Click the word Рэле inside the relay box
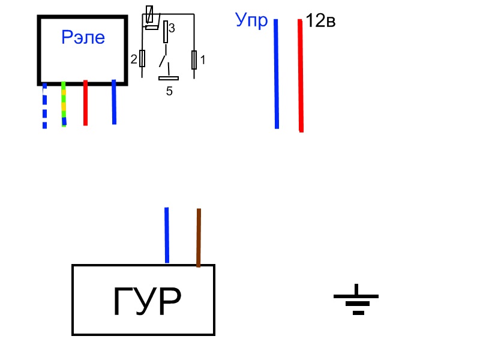(x=83, y=37)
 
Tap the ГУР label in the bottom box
(x=147, y=301)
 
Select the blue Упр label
(x=251, y=20)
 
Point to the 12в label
(x=320, y=20)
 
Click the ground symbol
(x=356, y=299)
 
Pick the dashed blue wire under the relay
(x=44, y=106)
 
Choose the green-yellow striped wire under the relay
(x=64, y=104)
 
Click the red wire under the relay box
(x=85, y=103)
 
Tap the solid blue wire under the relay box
(x=114, y=102)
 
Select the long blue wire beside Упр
(x=277, y=74)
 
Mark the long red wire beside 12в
(x=301, y=76)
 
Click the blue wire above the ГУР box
(x=167, y=235)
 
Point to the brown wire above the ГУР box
(x=199, y=238)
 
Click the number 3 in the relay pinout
(x=172, y=28)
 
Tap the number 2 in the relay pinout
(x=134, y=59)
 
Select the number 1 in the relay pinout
(x=203, y=59)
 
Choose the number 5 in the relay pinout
(x=169, y=91)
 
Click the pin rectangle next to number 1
(x=194, y=60)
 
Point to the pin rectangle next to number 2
(x=142, y=58)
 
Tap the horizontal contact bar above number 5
(x=169, y=79)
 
